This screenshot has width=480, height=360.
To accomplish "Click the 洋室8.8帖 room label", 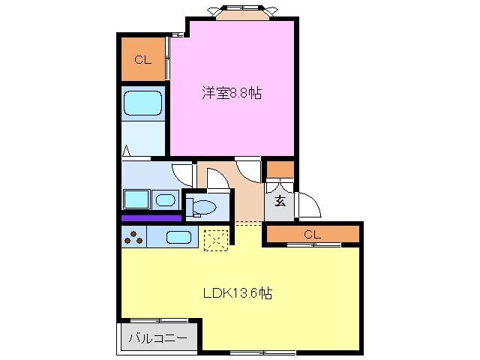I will tap(231, 94).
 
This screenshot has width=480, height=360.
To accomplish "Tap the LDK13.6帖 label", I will tap(237, 293).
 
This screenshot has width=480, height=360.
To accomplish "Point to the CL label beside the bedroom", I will tap(143, 60).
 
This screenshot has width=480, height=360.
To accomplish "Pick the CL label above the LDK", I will tap(312, 235).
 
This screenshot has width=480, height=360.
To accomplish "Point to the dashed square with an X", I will tap(216, 239).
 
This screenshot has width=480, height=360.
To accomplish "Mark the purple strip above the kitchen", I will tap(151, 218).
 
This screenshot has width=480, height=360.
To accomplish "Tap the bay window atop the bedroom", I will tap(241, 13).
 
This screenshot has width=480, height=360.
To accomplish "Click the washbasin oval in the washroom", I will tap(166, 199).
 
